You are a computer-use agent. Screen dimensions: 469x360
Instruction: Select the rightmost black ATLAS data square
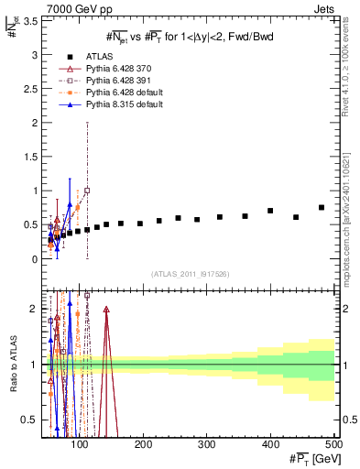(322, 208)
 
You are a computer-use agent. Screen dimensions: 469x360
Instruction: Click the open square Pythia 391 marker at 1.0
(87, 191)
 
